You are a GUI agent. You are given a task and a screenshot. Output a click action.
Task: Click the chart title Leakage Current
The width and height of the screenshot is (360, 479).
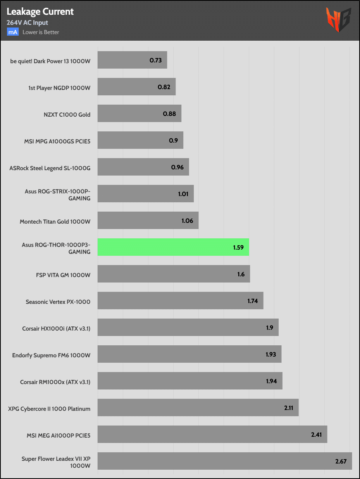click(40, 12)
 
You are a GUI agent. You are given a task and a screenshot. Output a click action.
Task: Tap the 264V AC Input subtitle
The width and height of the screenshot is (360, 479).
click(27, 23)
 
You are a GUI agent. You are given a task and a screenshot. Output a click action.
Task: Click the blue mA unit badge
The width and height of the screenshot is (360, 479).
click(12, 32)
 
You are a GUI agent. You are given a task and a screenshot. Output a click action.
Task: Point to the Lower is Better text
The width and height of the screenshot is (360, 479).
click(41, 32)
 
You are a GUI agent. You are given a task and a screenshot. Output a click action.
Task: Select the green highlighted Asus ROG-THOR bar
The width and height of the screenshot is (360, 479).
click(173, 247)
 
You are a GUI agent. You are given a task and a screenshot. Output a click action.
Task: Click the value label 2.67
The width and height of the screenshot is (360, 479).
click(341, 461)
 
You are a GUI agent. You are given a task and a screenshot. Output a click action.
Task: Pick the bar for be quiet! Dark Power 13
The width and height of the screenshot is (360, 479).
click(132, 60)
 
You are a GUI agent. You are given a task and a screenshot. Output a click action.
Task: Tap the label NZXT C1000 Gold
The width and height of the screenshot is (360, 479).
click(67, 114)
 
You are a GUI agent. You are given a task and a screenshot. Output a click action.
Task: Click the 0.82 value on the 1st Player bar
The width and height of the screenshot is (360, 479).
click(164, 87)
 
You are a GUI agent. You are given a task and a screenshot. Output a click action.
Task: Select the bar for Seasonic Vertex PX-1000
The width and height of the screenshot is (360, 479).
click(180, 301)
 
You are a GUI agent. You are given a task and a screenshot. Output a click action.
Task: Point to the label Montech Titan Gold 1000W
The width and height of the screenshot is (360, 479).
click(55, 222)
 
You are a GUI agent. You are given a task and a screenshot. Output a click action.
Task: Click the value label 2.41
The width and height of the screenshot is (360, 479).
click(316, 434)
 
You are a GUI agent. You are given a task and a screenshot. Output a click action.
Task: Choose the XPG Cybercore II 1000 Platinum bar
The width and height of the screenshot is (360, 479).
click(198, 408)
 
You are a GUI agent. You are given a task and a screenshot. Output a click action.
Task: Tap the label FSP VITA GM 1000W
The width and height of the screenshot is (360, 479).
click(63, 275)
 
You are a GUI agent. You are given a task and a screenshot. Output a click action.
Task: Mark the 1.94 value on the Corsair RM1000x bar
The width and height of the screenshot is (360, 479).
click(271, 381)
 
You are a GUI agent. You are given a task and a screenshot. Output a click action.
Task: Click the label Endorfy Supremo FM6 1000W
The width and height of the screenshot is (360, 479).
click(51, 355)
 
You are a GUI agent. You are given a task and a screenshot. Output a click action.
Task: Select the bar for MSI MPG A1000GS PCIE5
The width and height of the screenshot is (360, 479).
click(140, 140)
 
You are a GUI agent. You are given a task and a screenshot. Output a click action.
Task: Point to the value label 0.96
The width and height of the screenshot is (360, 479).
click(177, 167)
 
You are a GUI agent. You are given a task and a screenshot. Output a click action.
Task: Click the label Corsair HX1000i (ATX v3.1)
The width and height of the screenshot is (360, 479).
click(56, 329)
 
